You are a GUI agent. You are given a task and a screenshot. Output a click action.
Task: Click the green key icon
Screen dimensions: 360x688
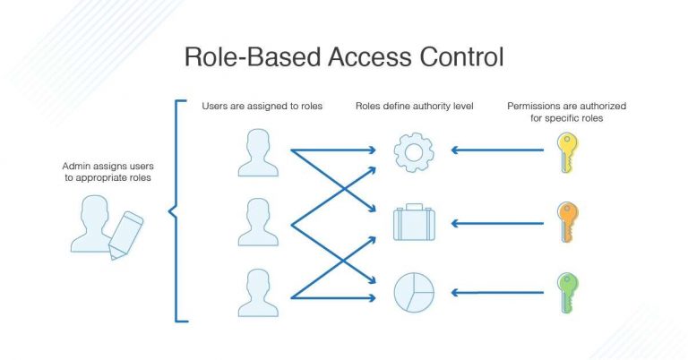(566, 293)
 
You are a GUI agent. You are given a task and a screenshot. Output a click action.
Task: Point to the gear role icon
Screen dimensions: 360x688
(413, 151)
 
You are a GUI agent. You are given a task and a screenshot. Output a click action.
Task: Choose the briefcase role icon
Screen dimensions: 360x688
(413, 223)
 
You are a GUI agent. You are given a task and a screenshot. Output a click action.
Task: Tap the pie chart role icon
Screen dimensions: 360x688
(413, 293)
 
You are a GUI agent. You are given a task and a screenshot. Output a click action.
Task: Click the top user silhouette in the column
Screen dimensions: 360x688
(258, 152)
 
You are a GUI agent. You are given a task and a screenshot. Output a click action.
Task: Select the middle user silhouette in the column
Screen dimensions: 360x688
(258, 223)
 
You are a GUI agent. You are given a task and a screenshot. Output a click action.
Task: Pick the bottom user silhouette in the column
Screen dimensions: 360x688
(258, 294)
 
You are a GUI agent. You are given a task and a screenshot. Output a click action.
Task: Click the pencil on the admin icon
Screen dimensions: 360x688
(125, 235)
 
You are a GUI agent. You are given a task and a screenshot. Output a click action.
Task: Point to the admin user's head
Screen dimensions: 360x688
(96, 210)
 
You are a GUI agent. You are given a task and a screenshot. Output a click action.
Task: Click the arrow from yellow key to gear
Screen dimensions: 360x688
(497, 150)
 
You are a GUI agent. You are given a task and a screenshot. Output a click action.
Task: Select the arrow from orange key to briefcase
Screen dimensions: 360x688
(497, 222)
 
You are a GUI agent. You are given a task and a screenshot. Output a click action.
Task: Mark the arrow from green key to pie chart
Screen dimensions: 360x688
(497, 293)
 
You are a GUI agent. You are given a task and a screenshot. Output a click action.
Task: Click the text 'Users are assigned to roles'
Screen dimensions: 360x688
(262, 107)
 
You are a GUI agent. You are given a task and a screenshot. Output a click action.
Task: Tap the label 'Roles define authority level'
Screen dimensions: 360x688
(413, 107)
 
